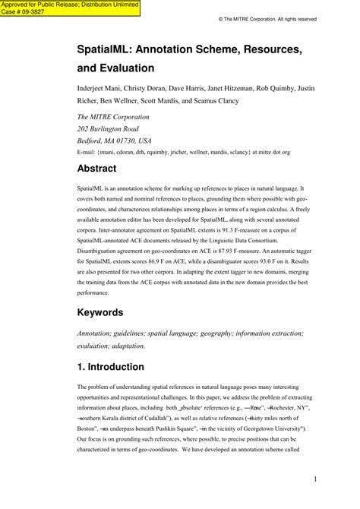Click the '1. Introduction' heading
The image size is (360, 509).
point(111,367)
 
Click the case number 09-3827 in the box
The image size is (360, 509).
point(32,12)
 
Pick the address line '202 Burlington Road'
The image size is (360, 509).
point(112,129)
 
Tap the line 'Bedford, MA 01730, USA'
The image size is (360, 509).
point(115,141)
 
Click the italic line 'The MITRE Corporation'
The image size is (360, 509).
point(114,117)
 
